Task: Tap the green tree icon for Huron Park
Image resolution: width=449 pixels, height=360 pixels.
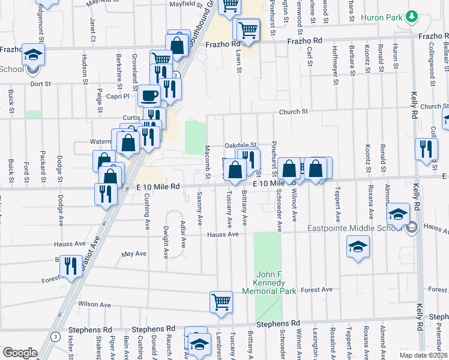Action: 412,16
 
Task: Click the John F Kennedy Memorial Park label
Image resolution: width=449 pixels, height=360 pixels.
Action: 269,283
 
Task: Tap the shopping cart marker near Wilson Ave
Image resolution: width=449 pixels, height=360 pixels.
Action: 220,301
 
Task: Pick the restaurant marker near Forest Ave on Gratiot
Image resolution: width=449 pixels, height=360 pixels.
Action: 71,267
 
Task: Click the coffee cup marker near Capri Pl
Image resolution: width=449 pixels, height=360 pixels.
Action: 148,95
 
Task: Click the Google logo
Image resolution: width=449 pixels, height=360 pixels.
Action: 19,352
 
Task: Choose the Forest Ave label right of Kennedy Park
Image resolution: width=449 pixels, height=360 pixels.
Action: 317,290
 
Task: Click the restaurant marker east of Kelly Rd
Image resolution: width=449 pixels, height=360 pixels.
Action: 426,150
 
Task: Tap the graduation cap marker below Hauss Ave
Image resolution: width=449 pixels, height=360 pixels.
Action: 357,247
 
